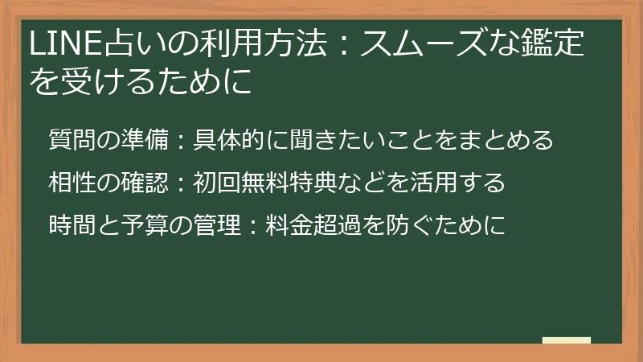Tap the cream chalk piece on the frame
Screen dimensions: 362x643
566,340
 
